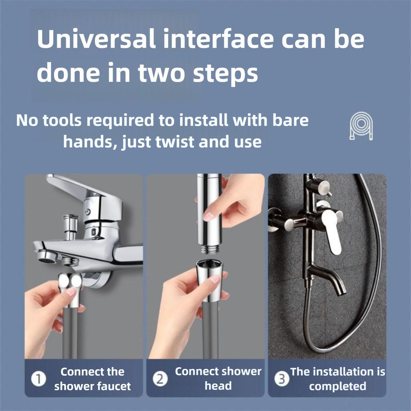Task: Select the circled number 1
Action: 39,379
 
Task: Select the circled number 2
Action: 160,379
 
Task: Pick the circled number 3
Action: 283,379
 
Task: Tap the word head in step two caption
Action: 218,386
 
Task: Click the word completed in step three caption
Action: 338,387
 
